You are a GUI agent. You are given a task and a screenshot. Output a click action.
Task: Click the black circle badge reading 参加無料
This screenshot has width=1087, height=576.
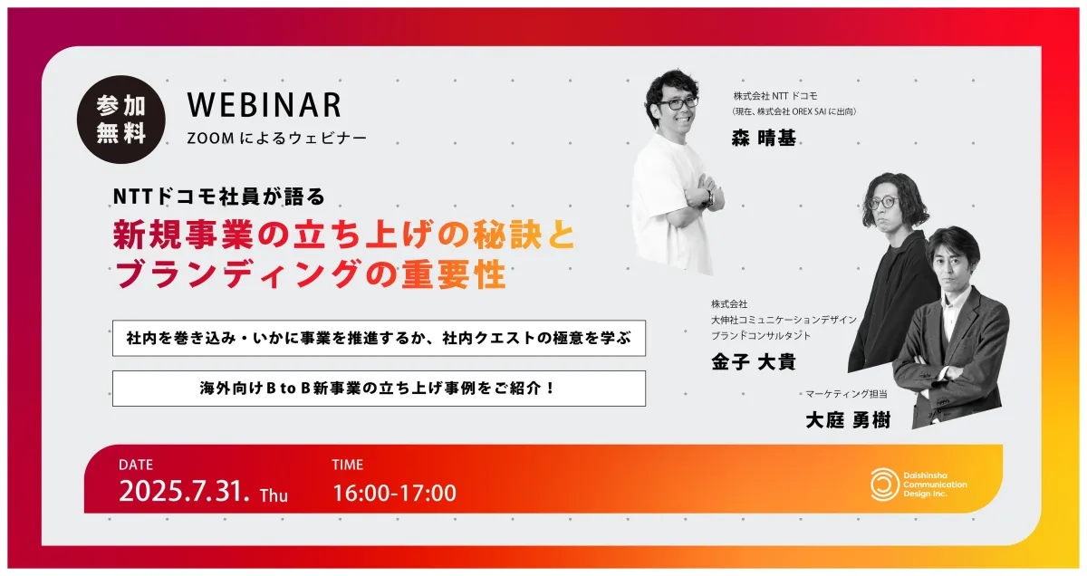click(120, 120)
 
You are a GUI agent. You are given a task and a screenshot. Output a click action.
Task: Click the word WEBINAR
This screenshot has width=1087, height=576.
click(265, 104)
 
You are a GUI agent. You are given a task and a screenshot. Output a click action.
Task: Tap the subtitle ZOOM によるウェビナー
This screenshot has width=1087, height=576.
click(276, 139)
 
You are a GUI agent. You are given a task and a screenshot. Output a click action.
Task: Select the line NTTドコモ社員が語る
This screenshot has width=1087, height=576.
click(219, 197)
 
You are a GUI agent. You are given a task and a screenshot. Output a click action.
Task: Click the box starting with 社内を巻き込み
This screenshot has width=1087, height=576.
click(379, 338)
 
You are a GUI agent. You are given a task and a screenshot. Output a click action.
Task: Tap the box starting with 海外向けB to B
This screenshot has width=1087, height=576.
click(379, 389)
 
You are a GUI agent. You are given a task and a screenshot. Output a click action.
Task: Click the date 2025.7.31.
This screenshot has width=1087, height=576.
click(185, 491)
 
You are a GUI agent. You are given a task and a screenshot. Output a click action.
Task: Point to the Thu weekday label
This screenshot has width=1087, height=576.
click(274, 495)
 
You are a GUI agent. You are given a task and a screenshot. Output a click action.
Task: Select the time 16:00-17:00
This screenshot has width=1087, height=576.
click(395, 493)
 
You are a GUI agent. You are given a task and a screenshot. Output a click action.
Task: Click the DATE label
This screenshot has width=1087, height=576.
click(136, 465)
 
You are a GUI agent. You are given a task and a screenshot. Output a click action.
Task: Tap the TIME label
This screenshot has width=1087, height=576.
click(348, 465)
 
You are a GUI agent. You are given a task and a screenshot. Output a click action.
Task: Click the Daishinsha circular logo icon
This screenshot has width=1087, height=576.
click(884, 485)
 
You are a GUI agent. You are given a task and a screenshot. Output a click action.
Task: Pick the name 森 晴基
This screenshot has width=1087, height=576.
click(764, 139)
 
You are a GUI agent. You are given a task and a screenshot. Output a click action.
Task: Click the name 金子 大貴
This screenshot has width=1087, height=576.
click(754, 362)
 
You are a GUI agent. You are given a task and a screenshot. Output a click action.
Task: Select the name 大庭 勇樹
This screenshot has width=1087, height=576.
click(848, 420)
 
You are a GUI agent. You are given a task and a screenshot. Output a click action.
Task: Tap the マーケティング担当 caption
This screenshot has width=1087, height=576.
click(846, 394)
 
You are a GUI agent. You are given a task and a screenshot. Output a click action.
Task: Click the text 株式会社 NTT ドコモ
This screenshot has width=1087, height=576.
click(775, 96)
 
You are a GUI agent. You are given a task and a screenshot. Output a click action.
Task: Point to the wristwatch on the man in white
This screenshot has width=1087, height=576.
click(709, 197)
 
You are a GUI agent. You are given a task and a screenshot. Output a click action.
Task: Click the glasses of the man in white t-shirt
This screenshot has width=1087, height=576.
click(678, 103)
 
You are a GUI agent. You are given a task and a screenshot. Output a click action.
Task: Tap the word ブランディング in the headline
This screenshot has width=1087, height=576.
click(237, 274)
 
